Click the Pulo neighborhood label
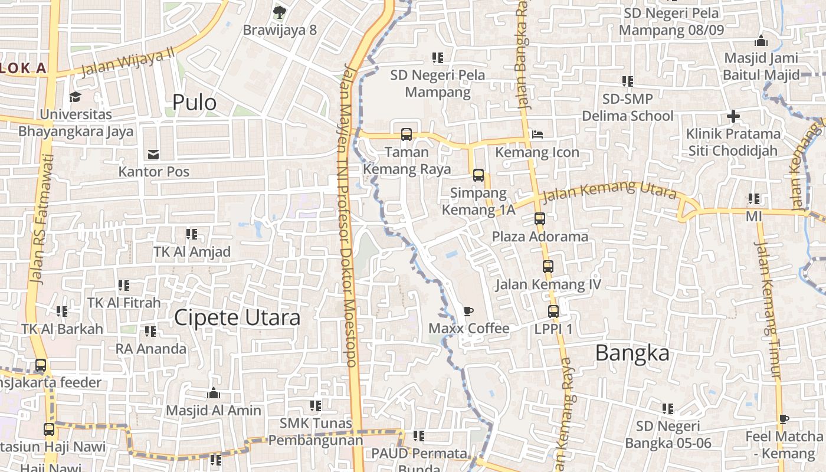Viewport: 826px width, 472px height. click(194, 103)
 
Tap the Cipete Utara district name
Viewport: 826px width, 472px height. click(237, 318)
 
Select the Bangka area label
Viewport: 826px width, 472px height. click(632, 353)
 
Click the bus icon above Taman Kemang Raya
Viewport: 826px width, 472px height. click(406, 135)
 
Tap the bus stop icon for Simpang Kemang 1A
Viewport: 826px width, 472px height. click(478, 175)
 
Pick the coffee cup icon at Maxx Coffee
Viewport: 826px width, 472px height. click(468, 311)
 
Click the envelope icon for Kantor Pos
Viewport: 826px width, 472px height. click(153, 155)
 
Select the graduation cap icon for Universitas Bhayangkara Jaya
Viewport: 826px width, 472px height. click(75, 97)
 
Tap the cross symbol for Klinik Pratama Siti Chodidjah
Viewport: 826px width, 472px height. click(733, 116)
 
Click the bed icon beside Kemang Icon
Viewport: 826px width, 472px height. click(537, 135)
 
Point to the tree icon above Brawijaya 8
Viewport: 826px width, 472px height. click(280, 11)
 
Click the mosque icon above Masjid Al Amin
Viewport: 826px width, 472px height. click(213, 393)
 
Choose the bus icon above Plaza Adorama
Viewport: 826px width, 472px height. click(539, 219)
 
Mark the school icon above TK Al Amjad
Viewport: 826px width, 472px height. click(191, 234)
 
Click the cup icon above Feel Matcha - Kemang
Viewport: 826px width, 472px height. click(783, 419)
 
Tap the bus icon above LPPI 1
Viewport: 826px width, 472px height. click(553, 312)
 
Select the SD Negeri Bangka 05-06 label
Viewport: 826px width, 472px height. click(668, 434)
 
